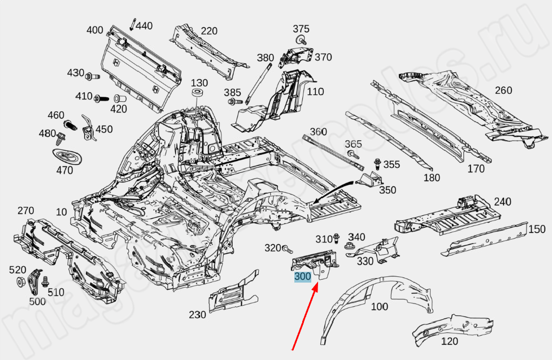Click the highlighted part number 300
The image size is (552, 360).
coord(302,277)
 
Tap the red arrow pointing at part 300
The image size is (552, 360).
coord(305,316)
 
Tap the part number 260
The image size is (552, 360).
coord(503,90)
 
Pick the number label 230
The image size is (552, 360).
coord(197,315)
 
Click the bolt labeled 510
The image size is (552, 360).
coord(46,281)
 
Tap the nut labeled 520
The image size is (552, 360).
coord(20,282)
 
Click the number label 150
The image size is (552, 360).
coord(537,229)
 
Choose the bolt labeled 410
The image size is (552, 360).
coord(101,98)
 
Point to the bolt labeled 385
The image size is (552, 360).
coord(232,102)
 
